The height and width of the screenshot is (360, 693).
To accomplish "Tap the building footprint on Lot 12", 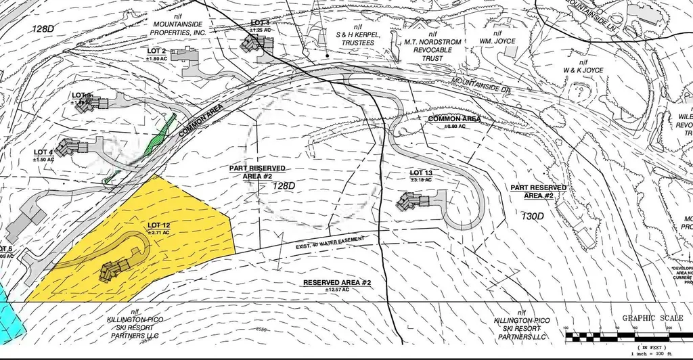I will pyautogui.click(x=115, y=269).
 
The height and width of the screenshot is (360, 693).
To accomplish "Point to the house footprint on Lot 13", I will pyautogui.click(x=414, y=201).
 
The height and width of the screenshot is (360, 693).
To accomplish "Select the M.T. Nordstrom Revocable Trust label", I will pyautogui.click(x=433, y=49).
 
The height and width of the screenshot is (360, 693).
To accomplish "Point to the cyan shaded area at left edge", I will pyautogui.click(x=9, y=308).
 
